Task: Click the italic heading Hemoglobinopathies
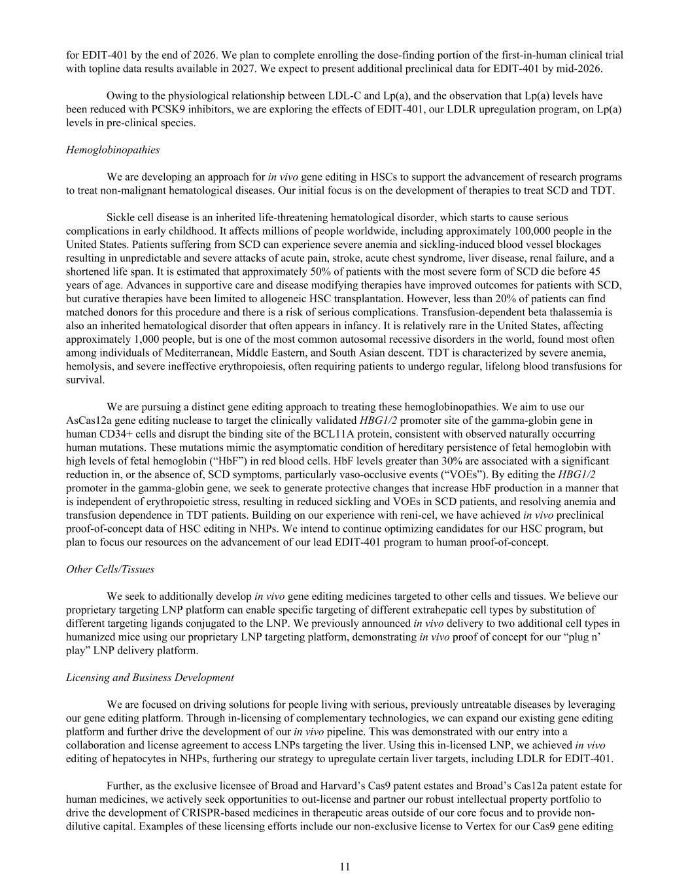pos(112,150)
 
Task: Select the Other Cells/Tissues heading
pos(110,569)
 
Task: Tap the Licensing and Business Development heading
pos(150,677)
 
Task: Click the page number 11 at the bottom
pos(345,867)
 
